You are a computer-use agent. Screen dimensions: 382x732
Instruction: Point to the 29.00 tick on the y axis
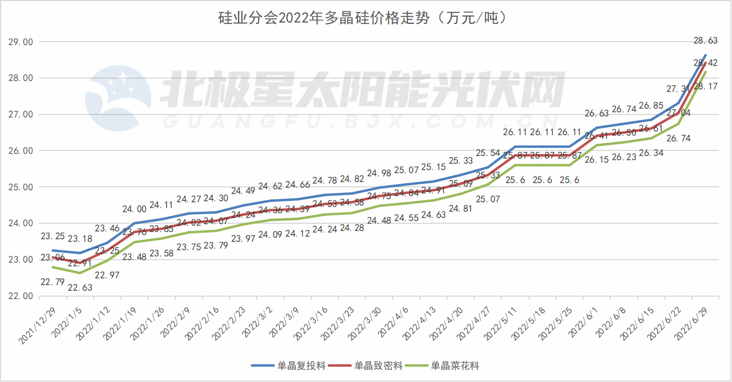point(21,42)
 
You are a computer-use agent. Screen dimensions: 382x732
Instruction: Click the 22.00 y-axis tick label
point(21,296)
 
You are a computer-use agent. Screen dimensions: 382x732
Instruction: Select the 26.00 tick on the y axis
point(21,150)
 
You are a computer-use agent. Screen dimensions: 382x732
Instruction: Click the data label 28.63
point(705,40)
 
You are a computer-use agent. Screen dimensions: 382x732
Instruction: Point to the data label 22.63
point(80,287)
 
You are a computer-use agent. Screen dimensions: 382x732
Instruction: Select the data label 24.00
point(134,209)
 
